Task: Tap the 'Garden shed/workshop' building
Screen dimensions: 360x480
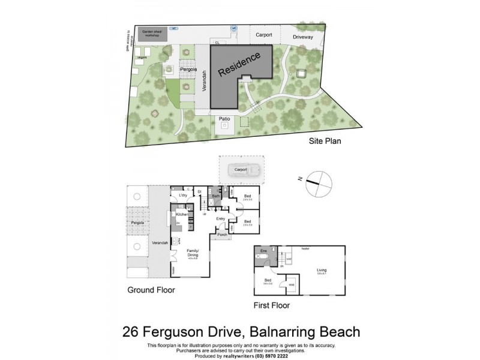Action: click(152, 34)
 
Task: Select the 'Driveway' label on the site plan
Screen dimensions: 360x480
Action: click(303, 37)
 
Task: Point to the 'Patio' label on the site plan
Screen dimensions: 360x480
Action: click(224, 119)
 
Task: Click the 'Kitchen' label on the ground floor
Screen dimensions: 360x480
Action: click(182, 214)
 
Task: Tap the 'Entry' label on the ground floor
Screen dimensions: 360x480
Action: click(220, 218)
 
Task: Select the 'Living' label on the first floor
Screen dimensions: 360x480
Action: click(322, 270)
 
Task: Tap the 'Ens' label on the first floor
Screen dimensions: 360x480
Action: click(263, 249)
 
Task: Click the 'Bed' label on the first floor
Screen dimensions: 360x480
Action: click(267, 280)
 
